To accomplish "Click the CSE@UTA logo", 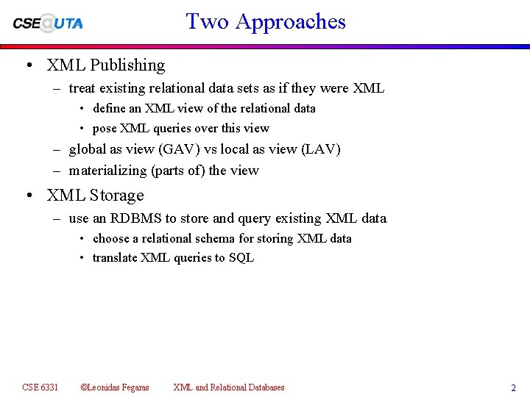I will tap(48, 23).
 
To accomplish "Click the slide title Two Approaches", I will tap(266, 21).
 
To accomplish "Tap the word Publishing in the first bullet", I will tap(127, 65).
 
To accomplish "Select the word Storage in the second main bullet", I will tap(116, 196).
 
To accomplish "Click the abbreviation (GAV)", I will tap(174, 149).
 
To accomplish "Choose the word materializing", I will tap(107, 171).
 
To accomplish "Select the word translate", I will tap(114, 257).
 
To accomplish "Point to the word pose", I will tap(105, 128).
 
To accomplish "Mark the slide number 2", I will tap(513, 388).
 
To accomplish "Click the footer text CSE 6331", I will tap(40, 387).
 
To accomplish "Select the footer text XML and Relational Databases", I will tap(228, 387).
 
